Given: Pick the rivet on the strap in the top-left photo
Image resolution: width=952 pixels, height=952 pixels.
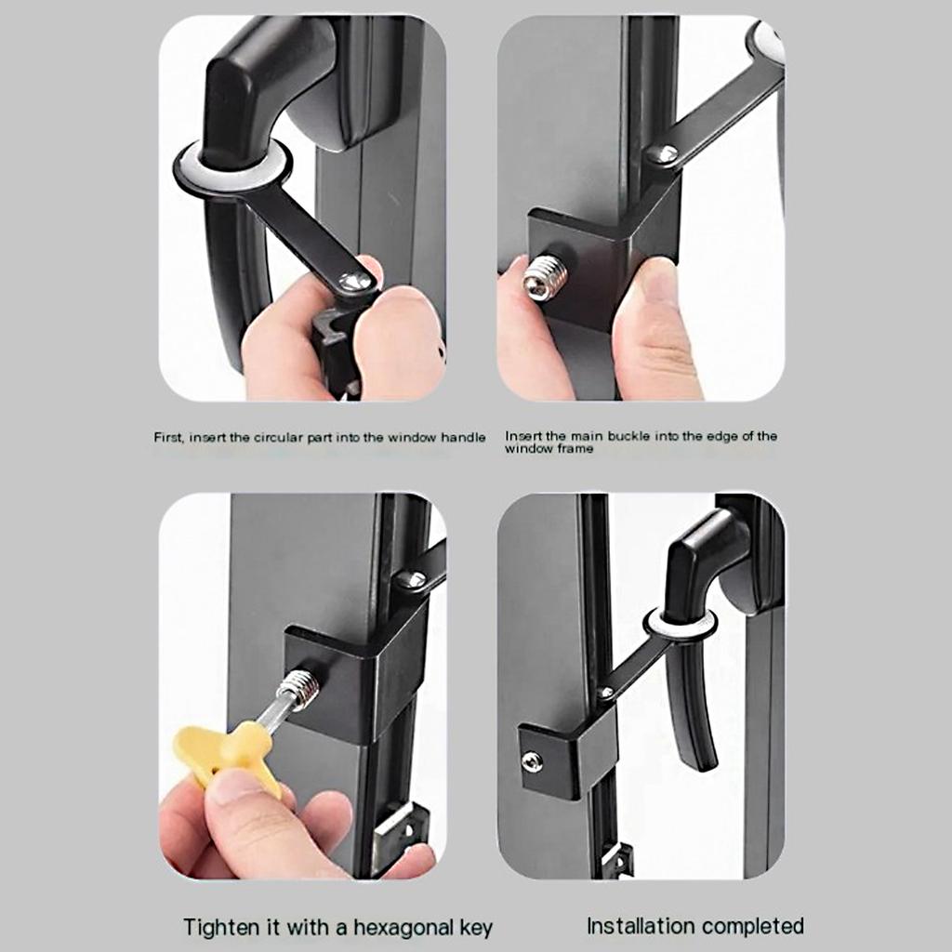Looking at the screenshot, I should click(x=353, y=281).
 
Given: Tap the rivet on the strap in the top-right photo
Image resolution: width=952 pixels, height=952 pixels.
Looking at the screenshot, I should click(x=662, y=154).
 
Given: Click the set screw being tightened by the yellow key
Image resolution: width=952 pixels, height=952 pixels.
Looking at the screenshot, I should click(x=300, y=689).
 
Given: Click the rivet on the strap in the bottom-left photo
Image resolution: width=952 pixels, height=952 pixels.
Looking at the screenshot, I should click(x=411, y=580).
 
